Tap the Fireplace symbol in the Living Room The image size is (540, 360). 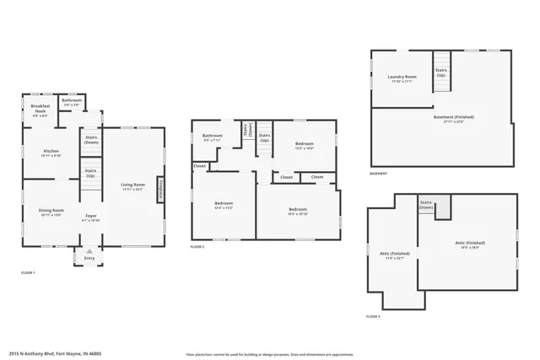click(161, 188)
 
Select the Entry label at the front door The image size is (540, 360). click(89, 258)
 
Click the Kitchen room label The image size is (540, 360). click(51, 153)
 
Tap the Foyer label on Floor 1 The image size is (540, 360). click(90, 218)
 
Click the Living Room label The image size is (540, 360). click(132, 186)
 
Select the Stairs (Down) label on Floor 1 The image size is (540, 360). click(90, 139)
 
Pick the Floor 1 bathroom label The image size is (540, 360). click(72, 102)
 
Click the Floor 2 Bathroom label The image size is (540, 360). click(212, 137)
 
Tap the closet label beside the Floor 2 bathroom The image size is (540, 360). click(199, 166)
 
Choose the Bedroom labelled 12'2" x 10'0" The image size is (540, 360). click(305, 145)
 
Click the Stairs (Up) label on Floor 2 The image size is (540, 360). click(264, 137)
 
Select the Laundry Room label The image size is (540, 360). click(401, 78)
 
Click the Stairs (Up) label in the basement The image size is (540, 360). click(441, 73)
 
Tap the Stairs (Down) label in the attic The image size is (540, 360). click(426, 204)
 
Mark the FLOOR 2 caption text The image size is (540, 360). click(197, 246)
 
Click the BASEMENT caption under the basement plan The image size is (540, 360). click(379, 174)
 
